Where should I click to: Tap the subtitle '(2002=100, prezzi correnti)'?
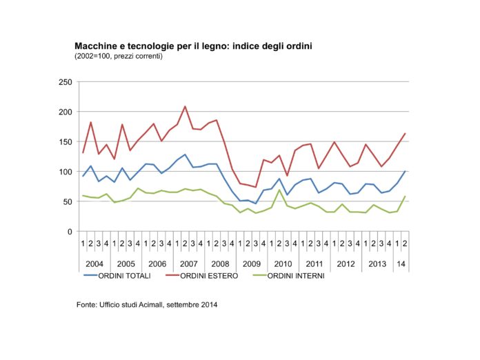[119, 57]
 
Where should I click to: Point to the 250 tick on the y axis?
[66, 82]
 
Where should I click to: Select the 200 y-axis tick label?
[66, 112]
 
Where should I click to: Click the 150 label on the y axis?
[66, 142]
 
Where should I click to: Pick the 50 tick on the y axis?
[67, 202]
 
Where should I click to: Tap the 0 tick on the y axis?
[70, 232]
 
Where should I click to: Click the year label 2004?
[94, 264]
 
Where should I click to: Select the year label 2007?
[188, 264]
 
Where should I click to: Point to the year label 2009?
[251, 264]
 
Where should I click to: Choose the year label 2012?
[346, 264]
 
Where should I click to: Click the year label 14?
[401, 264]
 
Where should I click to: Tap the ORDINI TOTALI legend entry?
[117, 276]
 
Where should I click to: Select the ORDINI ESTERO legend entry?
[202, 276]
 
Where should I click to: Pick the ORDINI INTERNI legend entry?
[289, 276]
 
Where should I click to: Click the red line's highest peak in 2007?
[185, 106]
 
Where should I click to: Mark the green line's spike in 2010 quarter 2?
[279, 190]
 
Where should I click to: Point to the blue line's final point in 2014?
[405, 172]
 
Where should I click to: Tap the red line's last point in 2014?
[405, 134]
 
